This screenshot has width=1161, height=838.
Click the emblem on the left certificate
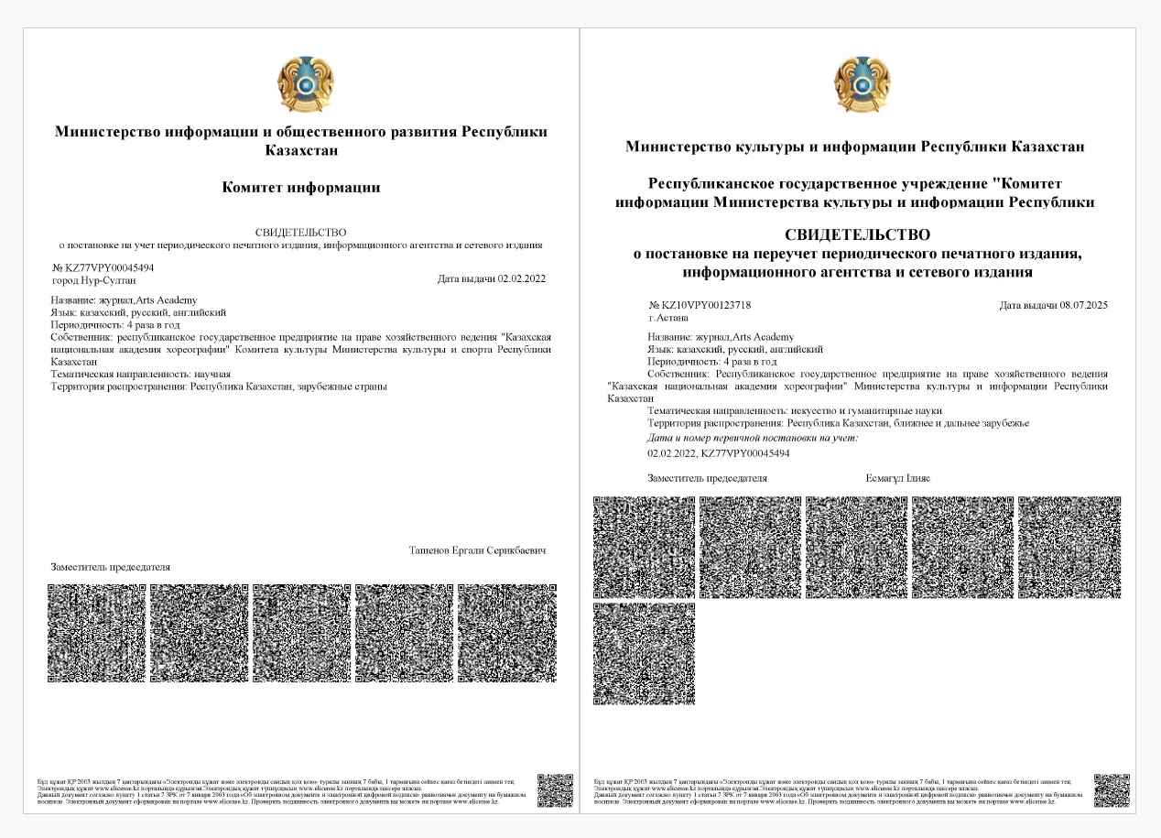coord(305,83)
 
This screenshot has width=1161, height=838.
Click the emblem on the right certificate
coord(862,83)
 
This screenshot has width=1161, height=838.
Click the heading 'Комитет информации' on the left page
coord(301,188)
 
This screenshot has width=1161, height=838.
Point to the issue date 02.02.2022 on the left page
coord(521,278)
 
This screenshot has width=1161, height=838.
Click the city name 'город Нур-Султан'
coord(92,279)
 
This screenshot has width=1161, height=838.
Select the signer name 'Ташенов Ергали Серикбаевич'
coord(477,550)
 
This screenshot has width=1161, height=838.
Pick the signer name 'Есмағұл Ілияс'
coord(897,478)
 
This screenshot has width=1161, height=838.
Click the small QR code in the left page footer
coord(555,790)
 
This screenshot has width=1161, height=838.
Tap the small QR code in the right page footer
coord(1112,790)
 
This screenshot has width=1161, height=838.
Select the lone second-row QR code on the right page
coord(644,653)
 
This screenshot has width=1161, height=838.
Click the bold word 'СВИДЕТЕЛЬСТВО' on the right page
coord(858,235)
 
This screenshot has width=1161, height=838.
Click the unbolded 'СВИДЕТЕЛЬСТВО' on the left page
coord(301,234)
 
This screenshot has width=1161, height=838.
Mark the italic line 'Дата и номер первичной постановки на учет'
coord(753,439)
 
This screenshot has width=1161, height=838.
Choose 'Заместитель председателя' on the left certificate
coord(111,567)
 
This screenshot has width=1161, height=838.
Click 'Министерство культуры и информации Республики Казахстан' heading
coord(855,147)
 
